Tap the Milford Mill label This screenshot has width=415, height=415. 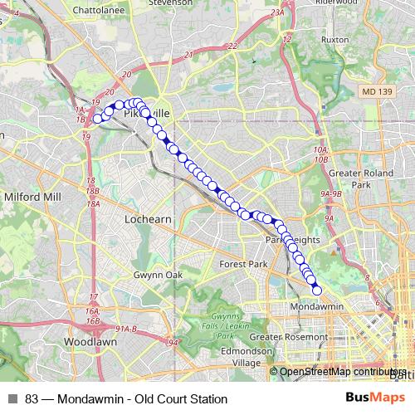point(33,197)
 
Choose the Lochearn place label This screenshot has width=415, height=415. point(146,219)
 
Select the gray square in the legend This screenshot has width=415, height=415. point(13,399)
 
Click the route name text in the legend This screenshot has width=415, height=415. point(126,399)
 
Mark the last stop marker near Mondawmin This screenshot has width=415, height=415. point(316,290)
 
